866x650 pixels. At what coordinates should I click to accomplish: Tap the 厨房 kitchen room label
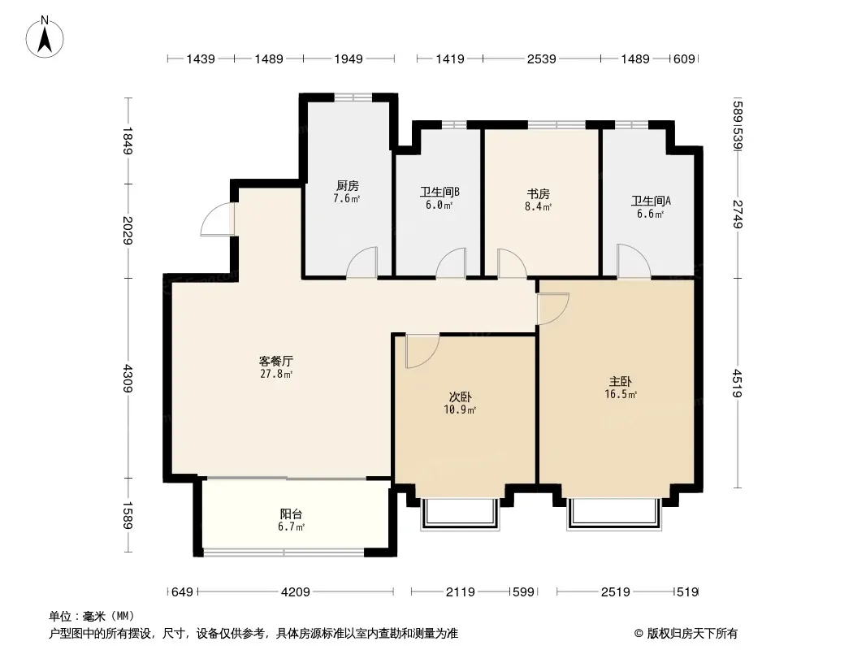(x=348, y=186)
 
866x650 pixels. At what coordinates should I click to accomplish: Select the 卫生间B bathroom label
(x=439, y=193)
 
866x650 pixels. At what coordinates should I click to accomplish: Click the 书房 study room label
(x=538, y=194)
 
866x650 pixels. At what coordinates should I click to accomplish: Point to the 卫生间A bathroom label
(x=652, y=201)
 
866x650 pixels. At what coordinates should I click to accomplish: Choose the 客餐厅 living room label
(x=276, y=362)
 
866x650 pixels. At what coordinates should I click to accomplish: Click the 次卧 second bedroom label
(x=460, y=397)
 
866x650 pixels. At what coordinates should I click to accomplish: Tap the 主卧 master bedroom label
(x=620, y=382)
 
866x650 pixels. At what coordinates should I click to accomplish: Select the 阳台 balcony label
(x=291, y=514)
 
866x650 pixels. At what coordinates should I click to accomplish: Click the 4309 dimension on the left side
(x=128, y=379)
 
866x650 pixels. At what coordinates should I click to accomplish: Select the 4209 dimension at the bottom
(x=296, y=592)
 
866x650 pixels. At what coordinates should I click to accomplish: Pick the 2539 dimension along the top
(x=541, y=58)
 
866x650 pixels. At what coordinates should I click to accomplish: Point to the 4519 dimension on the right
(x=738, y=383)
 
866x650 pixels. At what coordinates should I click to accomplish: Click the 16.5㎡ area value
(x=621, y=394)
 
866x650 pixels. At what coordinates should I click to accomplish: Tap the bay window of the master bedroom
(x=614, y=513)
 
